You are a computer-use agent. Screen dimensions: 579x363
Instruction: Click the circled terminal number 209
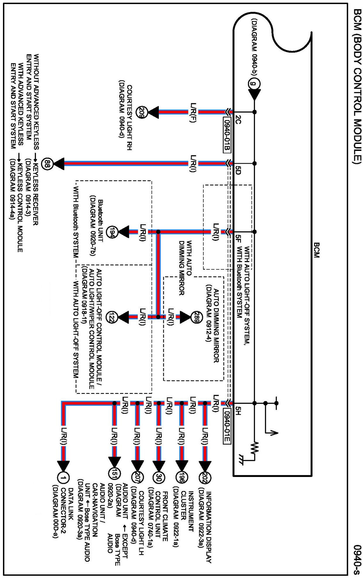[142, 113]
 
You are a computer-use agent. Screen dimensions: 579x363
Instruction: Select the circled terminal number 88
[48, 163]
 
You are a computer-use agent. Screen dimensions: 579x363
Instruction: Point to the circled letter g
[254, 84]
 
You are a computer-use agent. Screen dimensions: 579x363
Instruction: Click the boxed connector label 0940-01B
[227, 135]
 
